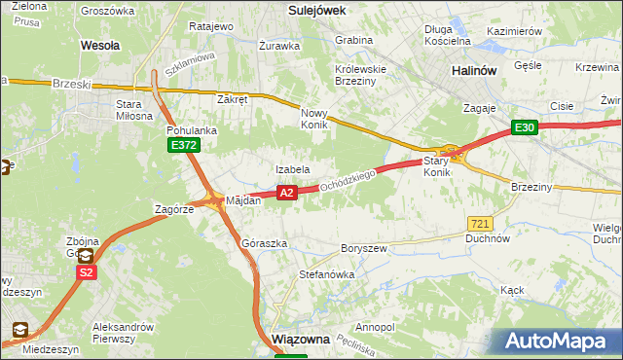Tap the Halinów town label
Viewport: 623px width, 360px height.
pyautogui.click(x=475, y=71)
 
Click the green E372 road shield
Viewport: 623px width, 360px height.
pyautogui.click(x=182, y=145)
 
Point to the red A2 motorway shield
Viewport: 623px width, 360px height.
pyautogui.click(x=286, y=193)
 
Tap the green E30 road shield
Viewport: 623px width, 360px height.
pyautogui.click(x=525, y=127)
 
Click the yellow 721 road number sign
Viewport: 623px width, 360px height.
pyautogui.click(x=478, y=224)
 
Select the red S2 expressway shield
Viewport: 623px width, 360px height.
pyautogui.click(x=87, y=273)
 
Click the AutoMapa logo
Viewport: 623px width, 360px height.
pyautogui.click(x=558, y=342)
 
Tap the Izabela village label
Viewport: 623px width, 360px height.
pyautogui.click(x=292, y=169)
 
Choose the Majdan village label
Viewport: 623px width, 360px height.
pyautogui.click(x=243, y=200)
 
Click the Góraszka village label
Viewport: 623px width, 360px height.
pyautogui.click(x=264, y=243)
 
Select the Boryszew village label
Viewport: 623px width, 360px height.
pyautogui.click(x=363, y=248)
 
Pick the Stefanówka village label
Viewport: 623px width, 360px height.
pyautogui.click(x=326, y=275)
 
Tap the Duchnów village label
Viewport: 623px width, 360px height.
pyautogui.click(x=488, y=238)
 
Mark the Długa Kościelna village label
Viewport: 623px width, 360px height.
pyautogui.click(x=448, y=35)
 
